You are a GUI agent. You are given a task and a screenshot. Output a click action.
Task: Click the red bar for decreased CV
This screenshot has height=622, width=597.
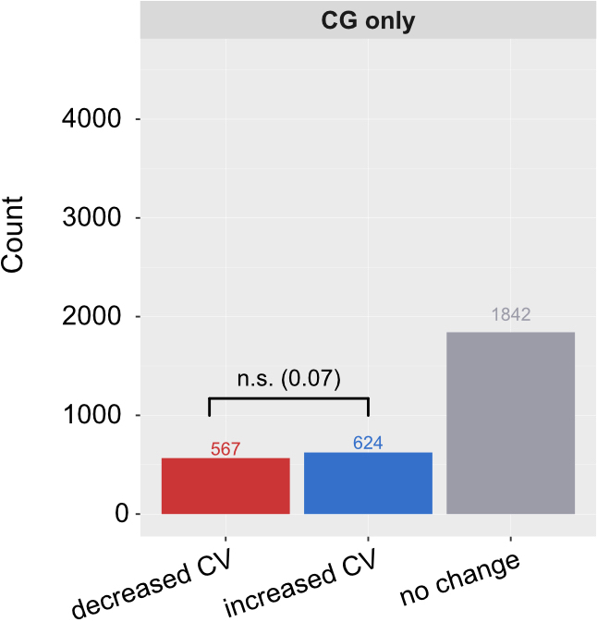coord(225,486)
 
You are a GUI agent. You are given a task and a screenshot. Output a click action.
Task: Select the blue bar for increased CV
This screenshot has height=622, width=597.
coord(368,483)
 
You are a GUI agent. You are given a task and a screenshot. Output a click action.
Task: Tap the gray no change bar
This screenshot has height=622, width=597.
coord(510,423)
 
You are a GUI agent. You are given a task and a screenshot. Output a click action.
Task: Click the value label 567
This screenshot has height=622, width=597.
coord(225,449)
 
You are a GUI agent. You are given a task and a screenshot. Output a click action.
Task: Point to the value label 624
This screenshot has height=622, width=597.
coord(368,444)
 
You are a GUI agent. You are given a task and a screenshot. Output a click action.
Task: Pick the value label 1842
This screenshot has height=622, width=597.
coord(510,315)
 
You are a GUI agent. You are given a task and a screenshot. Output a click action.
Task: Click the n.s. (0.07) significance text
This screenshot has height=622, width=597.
coord(288,377)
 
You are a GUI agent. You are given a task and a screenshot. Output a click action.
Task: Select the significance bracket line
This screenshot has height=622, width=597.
coord(288,398)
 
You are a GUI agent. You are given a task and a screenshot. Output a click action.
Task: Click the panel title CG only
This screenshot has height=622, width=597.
coord(368,21)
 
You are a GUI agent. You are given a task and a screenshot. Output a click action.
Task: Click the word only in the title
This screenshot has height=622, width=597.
coord(392,21)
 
